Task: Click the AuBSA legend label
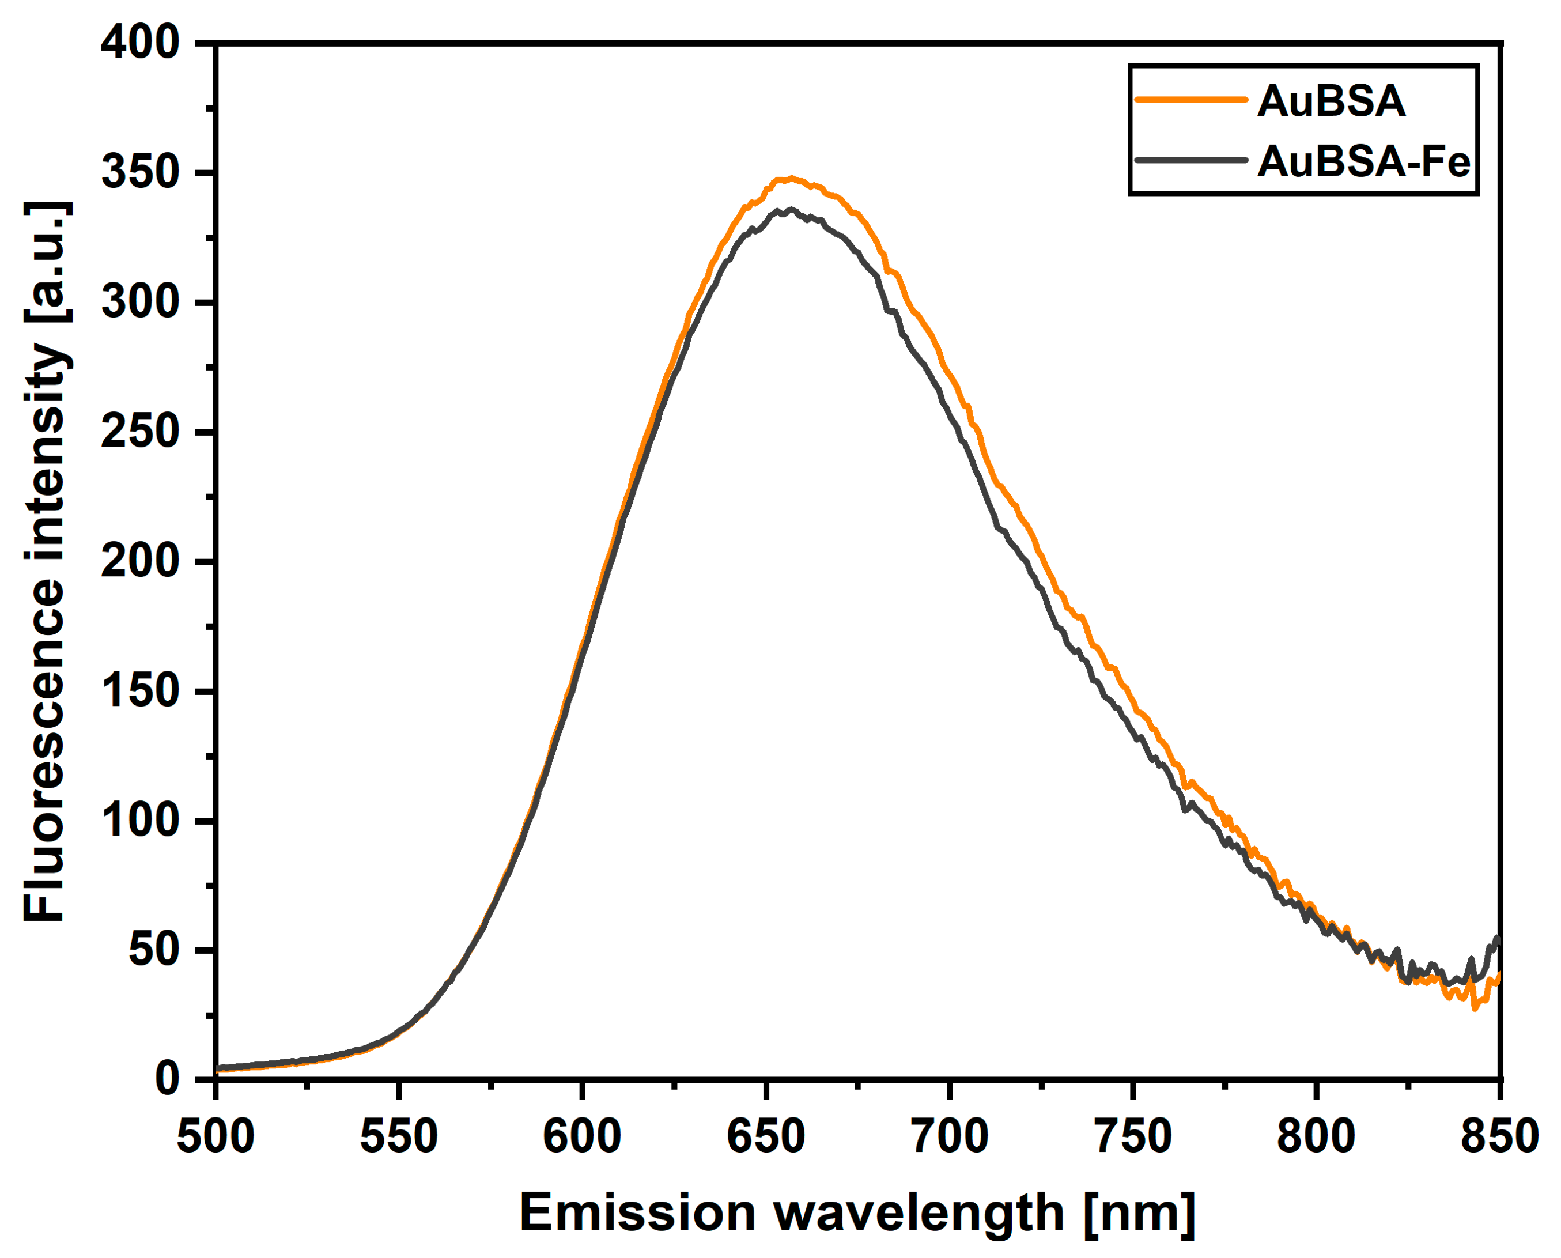pyautogui.click(x=1331, y=101)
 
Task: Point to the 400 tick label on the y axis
pyautogui.click(x=140, y=43)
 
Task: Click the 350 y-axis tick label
pyautogui.click(x=140, y=173)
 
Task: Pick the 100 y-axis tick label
pyautogui.click(x=140, y=821)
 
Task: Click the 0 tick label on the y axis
pyautogui.click(x=167, y=1080)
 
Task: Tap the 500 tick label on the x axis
pyautogui.click(x=216, y=1136)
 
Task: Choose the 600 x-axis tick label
pyautogui.click(x=582, y=1136)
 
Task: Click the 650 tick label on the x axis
pyautogui.click(x=765, y=1136)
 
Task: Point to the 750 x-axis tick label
pyautogui.click(x=1133, y=1136)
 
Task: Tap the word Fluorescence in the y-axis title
pyautogui.click(x=45, y=751)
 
